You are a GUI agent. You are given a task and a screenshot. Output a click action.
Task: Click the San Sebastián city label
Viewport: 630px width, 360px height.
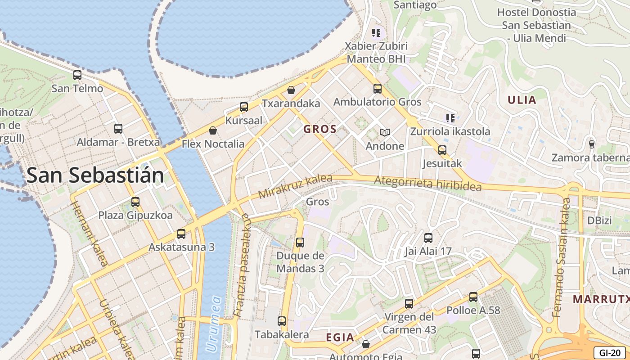[x=95, y=175]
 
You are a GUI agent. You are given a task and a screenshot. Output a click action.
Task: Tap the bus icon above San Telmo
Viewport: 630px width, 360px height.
[x=77, y=75]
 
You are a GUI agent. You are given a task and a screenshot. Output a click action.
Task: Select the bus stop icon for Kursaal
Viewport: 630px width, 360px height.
[x=244, y=107]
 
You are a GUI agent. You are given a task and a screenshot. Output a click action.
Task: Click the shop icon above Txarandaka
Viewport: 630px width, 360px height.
[x=291, y=90]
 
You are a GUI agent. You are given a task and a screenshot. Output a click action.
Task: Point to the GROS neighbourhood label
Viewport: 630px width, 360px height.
[x=320, y=129]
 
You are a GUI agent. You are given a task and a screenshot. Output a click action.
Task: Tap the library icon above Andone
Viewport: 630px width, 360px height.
[x=384, y=132]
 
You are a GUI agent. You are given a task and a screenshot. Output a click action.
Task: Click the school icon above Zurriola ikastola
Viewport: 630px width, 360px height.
[x=450, y=118]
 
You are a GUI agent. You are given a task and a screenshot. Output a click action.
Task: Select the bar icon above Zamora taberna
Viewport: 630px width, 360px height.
[x=591, y=144]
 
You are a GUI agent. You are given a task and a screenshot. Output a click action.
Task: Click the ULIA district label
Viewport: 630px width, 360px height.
[x=522, y=100]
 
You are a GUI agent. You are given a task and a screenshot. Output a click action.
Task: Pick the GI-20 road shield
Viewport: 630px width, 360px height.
[x=609, y=353]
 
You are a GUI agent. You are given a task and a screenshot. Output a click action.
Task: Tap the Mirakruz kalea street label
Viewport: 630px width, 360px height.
[x=295, y=187]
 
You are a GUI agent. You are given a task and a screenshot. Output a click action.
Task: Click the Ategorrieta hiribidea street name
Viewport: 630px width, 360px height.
[x=428, y=183]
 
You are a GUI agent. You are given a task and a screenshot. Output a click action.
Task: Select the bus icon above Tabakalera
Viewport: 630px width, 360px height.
[x=282, y=321]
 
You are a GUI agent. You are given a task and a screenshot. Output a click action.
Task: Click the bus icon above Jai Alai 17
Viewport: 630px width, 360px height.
[x=428, y=238]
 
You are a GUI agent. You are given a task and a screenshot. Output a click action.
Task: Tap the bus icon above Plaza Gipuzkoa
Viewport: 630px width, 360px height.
[x=135, y=202]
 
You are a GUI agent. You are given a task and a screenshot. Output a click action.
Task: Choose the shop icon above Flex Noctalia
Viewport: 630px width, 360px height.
[x=213, y=130]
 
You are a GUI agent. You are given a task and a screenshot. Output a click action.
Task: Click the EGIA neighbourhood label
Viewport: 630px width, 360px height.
[x=340, y=337]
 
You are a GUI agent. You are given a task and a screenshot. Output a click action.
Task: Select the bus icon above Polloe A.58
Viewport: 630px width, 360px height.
[x=473, y=297]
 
